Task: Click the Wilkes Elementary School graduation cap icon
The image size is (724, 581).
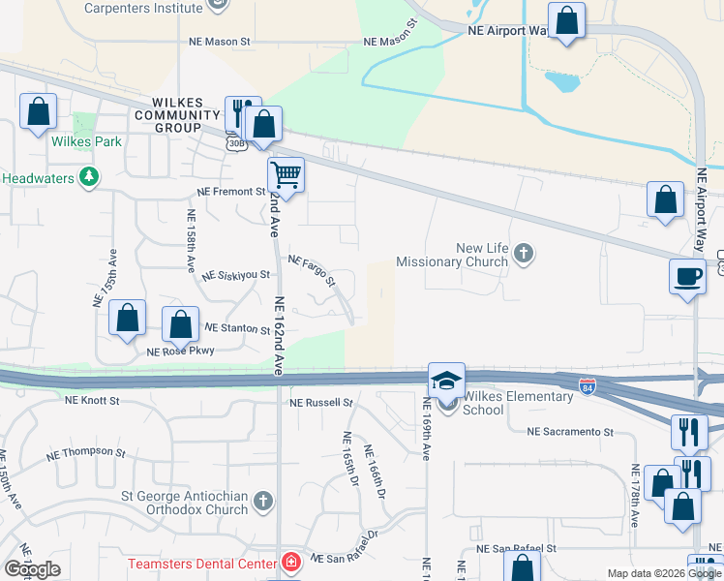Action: pos(446,380)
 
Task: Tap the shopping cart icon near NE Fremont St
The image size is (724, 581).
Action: pos(286,175)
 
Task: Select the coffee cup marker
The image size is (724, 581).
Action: pos(687,276)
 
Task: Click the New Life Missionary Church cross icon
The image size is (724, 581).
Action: pos(524,254)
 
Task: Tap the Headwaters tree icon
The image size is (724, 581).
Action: pos(89,176)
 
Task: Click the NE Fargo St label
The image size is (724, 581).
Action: pos(312,271)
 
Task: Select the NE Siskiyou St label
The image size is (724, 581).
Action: pos(235,275)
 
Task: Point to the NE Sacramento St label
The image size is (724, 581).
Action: pos(570,432)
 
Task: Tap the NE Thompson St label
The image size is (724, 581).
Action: pos(86,453)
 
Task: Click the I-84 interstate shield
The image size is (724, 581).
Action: pos(588,386)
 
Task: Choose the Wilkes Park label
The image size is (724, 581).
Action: pos(86,141)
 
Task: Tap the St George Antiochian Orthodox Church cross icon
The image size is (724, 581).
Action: pos(264,501)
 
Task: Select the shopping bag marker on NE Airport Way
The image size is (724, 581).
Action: pos(566,20)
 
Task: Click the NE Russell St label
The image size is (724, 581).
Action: pos(321,402)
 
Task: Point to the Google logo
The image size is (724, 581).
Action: pos(33,569)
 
